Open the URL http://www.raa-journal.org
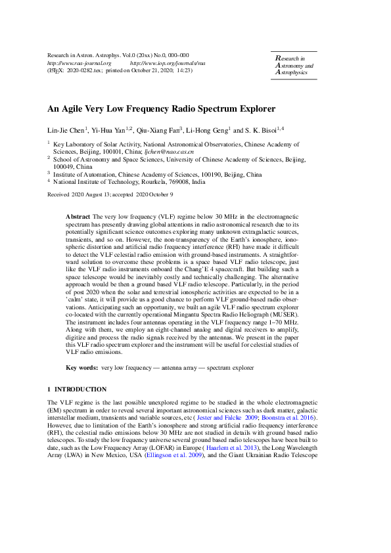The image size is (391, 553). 75,63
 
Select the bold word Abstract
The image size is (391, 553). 78,216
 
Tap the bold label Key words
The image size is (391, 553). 82,369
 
